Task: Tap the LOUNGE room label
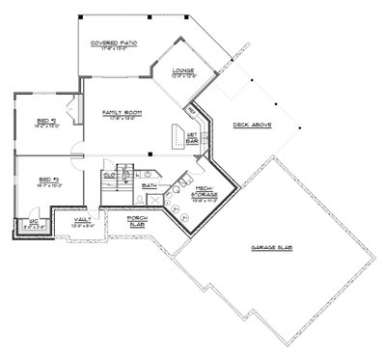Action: coord(183,71)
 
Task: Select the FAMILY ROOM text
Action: coord(123,114)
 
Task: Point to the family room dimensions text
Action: coord(123,121)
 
